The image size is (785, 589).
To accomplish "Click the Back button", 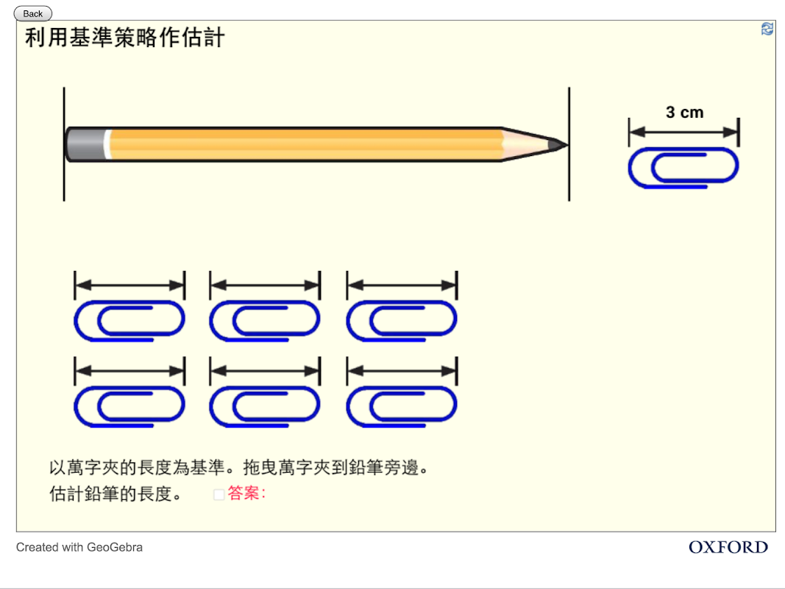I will click(33, 13).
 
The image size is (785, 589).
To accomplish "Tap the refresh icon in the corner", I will click(767, 29).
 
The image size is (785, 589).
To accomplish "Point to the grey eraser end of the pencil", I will click(85, 144).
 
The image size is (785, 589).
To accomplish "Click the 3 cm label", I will click(684, 113).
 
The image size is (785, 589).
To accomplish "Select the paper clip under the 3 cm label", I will click(683, 168).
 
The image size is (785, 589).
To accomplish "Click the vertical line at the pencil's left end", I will click(64, 177).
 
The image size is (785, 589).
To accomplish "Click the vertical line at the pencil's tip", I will click(569, 177).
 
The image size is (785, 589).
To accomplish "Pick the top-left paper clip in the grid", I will click(129, 321).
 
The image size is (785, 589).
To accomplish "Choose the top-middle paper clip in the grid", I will click(265, 321).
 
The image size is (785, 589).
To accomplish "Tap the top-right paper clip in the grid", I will click(402, 321).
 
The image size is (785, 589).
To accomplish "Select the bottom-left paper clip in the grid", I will click(129, 406).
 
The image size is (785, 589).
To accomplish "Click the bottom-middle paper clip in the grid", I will click(265, 406).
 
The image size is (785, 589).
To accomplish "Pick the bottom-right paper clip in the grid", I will click(402, 406).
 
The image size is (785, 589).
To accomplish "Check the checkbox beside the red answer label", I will click(219, 495).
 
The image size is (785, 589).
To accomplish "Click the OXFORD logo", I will click(728, 547).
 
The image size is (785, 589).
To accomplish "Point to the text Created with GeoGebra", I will click(79, 547).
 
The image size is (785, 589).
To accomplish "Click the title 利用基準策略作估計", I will click(125, 38).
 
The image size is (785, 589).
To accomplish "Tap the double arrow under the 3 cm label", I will click(683, 133).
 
